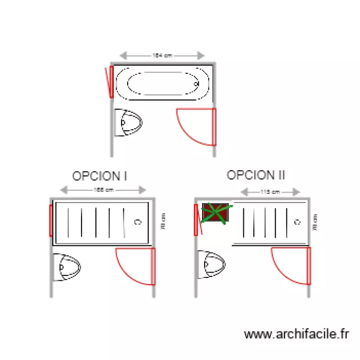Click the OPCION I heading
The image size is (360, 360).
pyautogui.click(x=99, y=176)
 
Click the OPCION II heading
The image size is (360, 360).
pyautogui.click(x=256, y=175)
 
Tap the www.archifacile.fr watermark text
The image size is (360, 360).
pyautogui.click(x=297, y=334)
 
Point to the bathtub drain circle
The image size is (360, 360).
pyautogui.click(x=196, y=84)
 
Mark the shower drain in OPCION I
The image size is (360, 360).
pyautogui.click(x=138, y=222)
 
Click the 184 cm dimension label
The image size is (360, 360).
pyautogui.click(x=162, y=56)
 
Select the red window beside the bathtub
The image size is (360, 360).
pyautogui.click(x=111, y=82)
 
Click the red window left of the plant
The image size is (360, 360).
pyautogui.click(x=196, y=220)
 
